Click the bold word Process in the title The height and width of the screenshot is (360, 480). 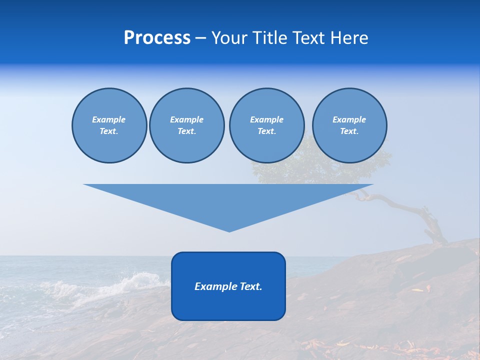(157, 38)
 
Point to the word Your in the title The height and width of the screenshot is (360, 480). (229, 38)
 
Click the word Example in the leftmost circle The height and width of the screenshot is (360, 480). (108, 119)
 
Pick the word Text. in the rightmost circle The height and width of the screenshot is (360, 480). (349, 131)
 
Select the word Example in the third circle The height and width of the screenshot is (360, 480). (266, 119)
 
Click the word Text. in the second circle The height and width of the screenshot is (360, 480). (186, 131)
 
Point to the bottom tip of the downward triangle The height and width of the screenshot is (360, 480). (229, 230)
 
